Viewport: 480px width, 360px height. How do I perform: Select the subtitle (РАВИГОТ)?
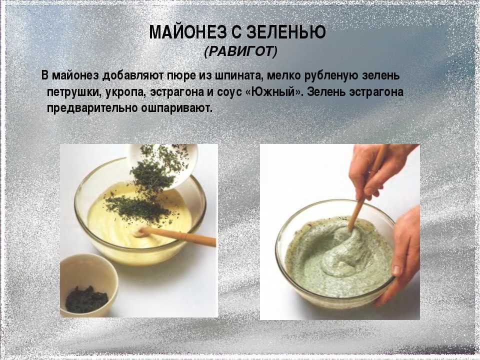240,51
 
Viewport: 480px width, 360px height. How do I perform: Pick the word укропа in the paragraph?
125,93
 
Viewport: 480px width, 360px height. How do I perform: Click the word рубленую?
332,75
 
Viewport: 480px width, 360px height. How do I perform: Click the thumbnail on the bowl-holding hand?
397,271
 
